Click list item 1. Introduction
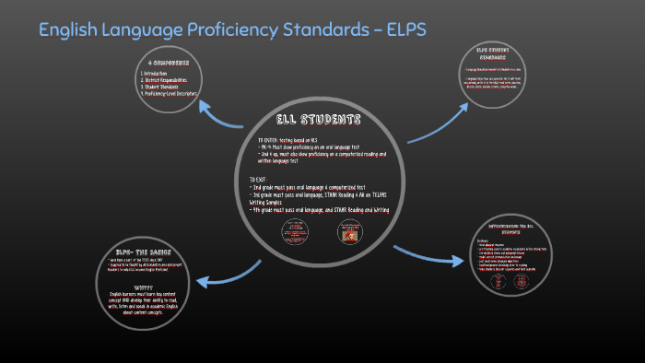[x=158, y=73]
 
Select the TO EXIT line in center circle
[x=262, y=178]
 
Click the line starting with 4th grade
[x=320, y=210]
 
